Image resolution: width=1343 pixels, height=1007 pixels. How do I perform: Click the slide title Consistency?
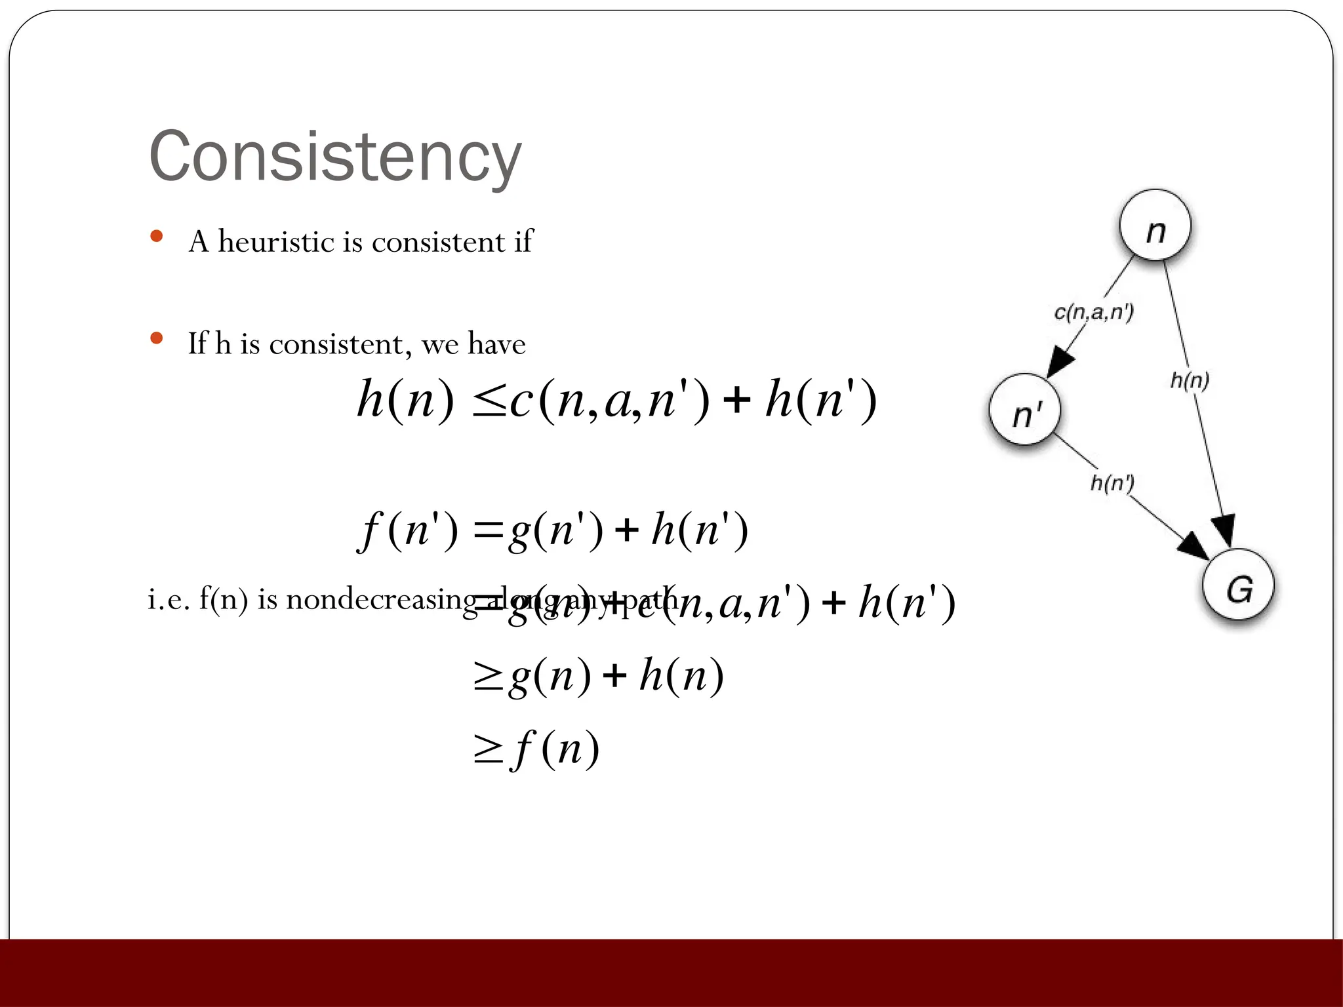(335, 157)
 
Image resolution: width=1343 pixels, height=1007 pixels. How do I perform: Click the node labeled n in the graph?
(1155, 226)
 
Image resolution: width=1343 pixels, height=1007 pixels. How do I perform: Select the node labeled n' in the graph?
(1025, 410)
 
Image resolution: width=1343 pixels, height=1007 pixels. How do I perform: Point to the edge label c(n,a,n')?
(1093, 312)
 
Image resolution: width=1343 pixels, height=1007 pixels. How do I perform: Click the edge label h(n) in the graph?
(1190, 380)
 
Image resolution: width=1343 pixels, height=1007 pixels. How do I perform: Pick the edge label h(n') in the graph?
(1112, 483)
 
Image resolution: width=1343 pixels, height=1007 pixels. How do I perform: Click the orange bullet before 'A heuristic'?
(156, 237)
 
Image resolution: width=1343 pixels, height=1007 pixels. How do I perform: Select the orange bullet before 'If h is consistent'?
(156, 338)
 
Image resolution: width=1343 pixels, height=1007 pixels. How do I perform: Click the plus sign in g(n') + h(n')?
(627, 530)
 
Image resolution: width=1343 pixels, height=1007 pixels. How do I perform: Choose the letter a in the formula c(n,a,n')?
(617, 401)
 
